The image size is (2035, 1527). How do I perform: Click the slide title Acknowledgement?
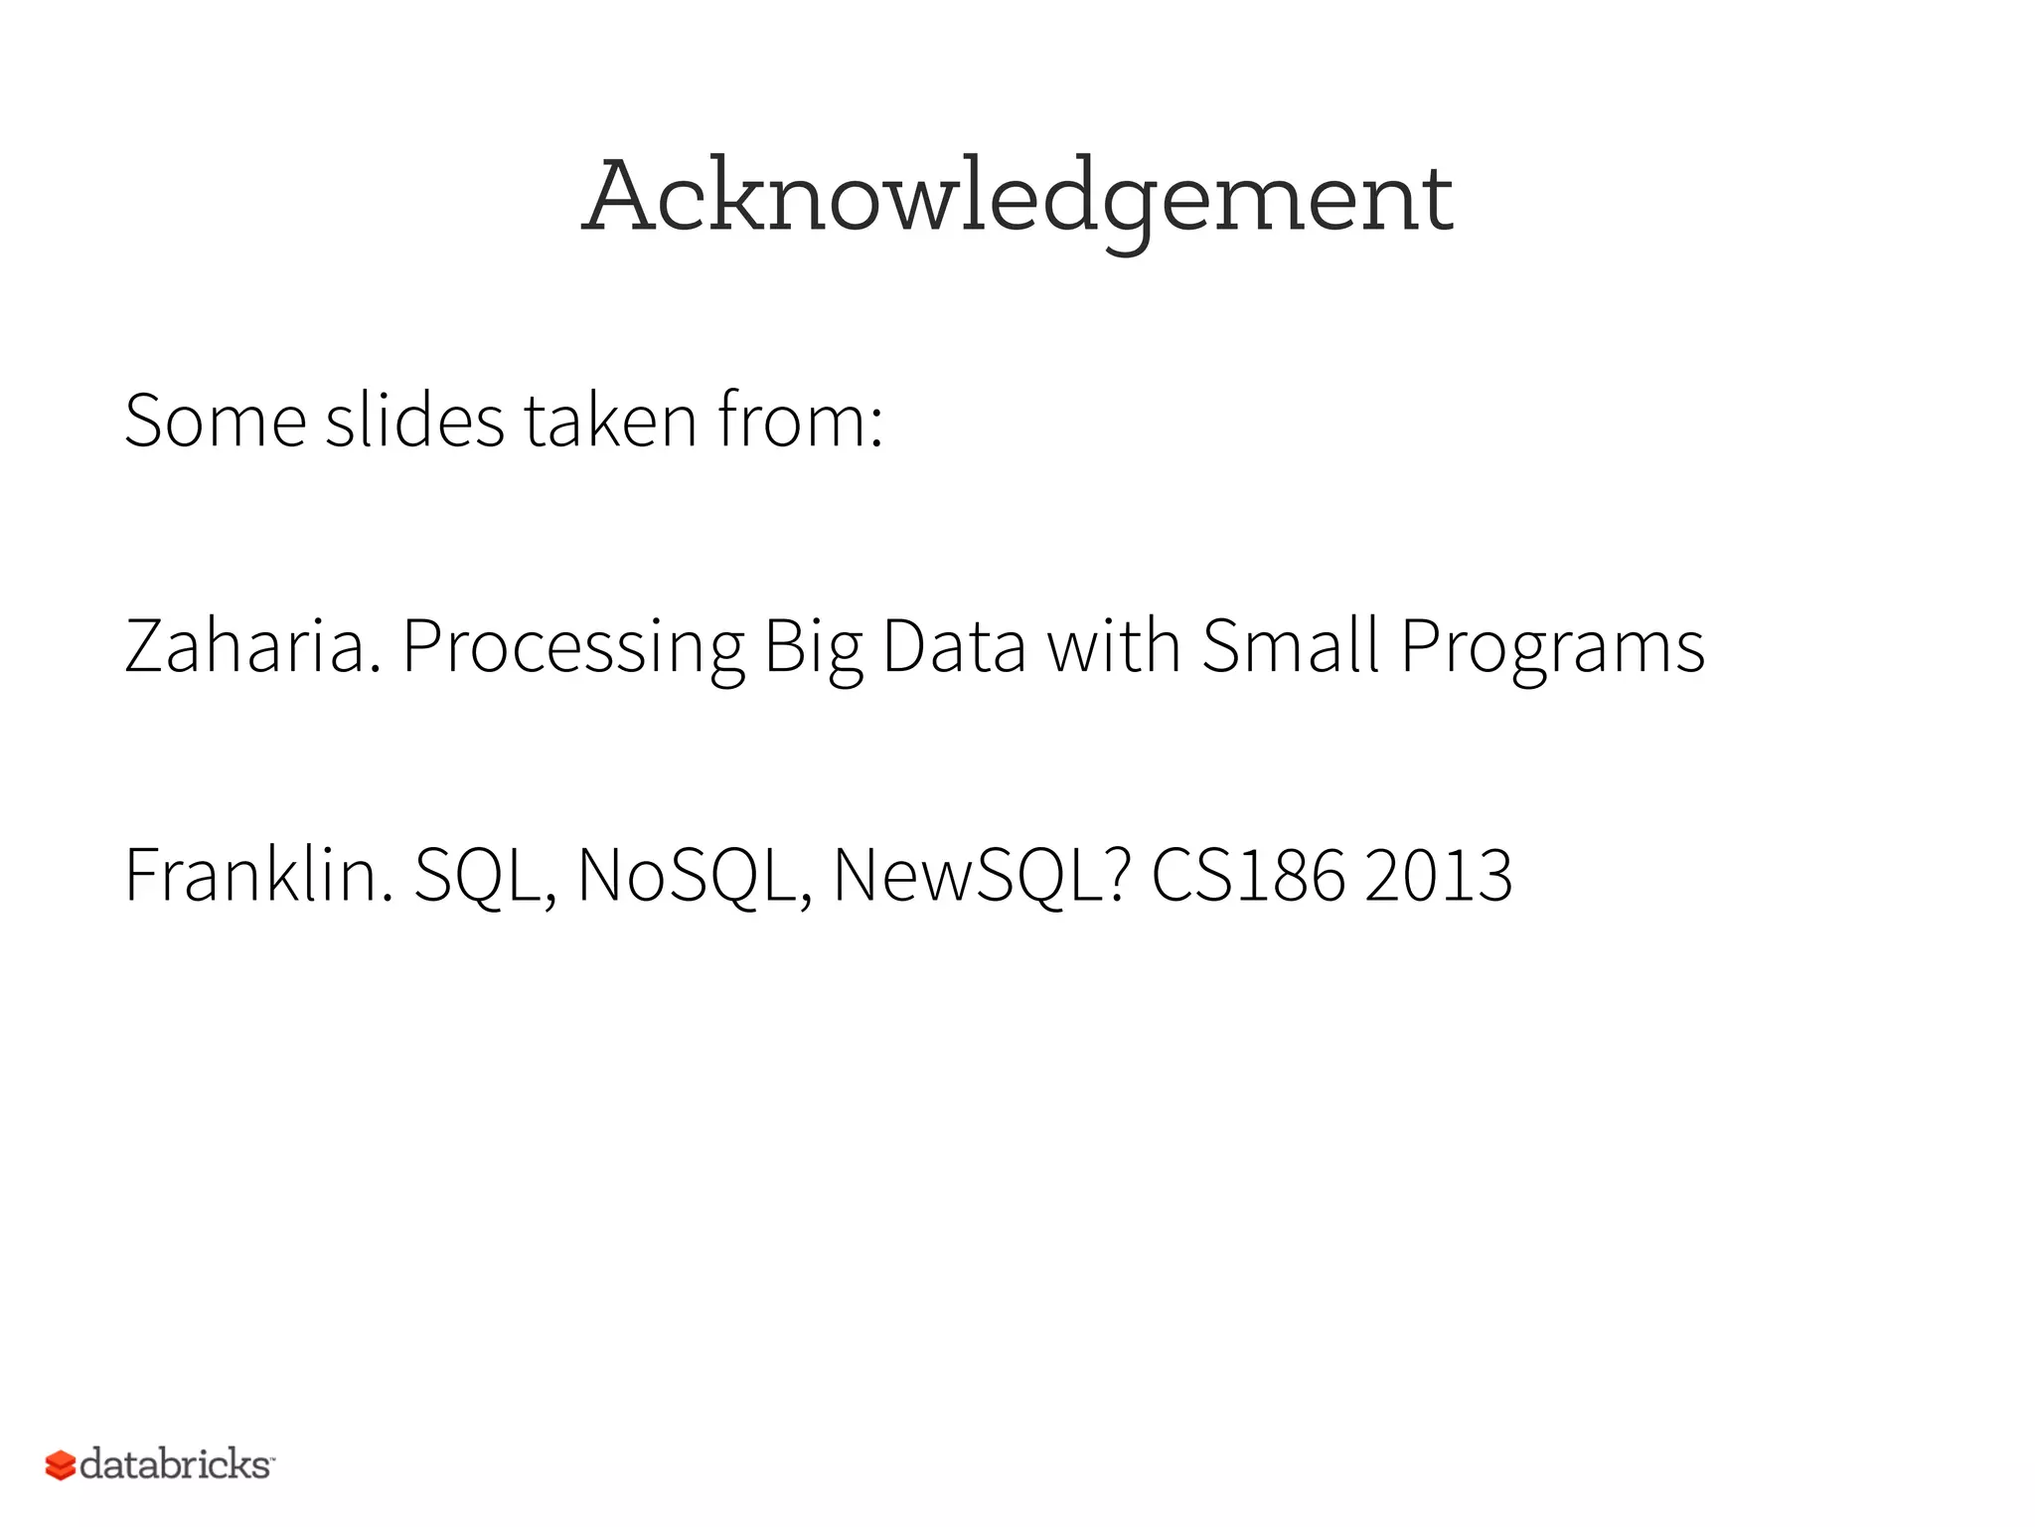tap(1017, 199)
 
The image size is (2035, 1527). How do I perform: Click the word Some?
tap(215, 422)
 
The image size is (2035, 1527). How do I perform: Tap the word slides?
tap(414, 422)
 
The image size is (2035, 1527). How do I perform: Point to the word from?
tap(800, 422)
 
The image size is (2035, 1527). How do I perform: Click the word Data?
tap(953, 647)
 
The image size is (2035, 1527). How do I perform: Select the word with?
tap(1114, 647)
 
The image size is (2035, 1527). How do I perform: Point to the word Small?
tap(1290, 647)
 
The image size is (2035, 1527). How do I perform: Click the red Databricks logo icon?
tap(61, 1465)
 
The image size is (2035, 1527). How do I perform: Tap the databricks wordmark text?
tap(175, 1464)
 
